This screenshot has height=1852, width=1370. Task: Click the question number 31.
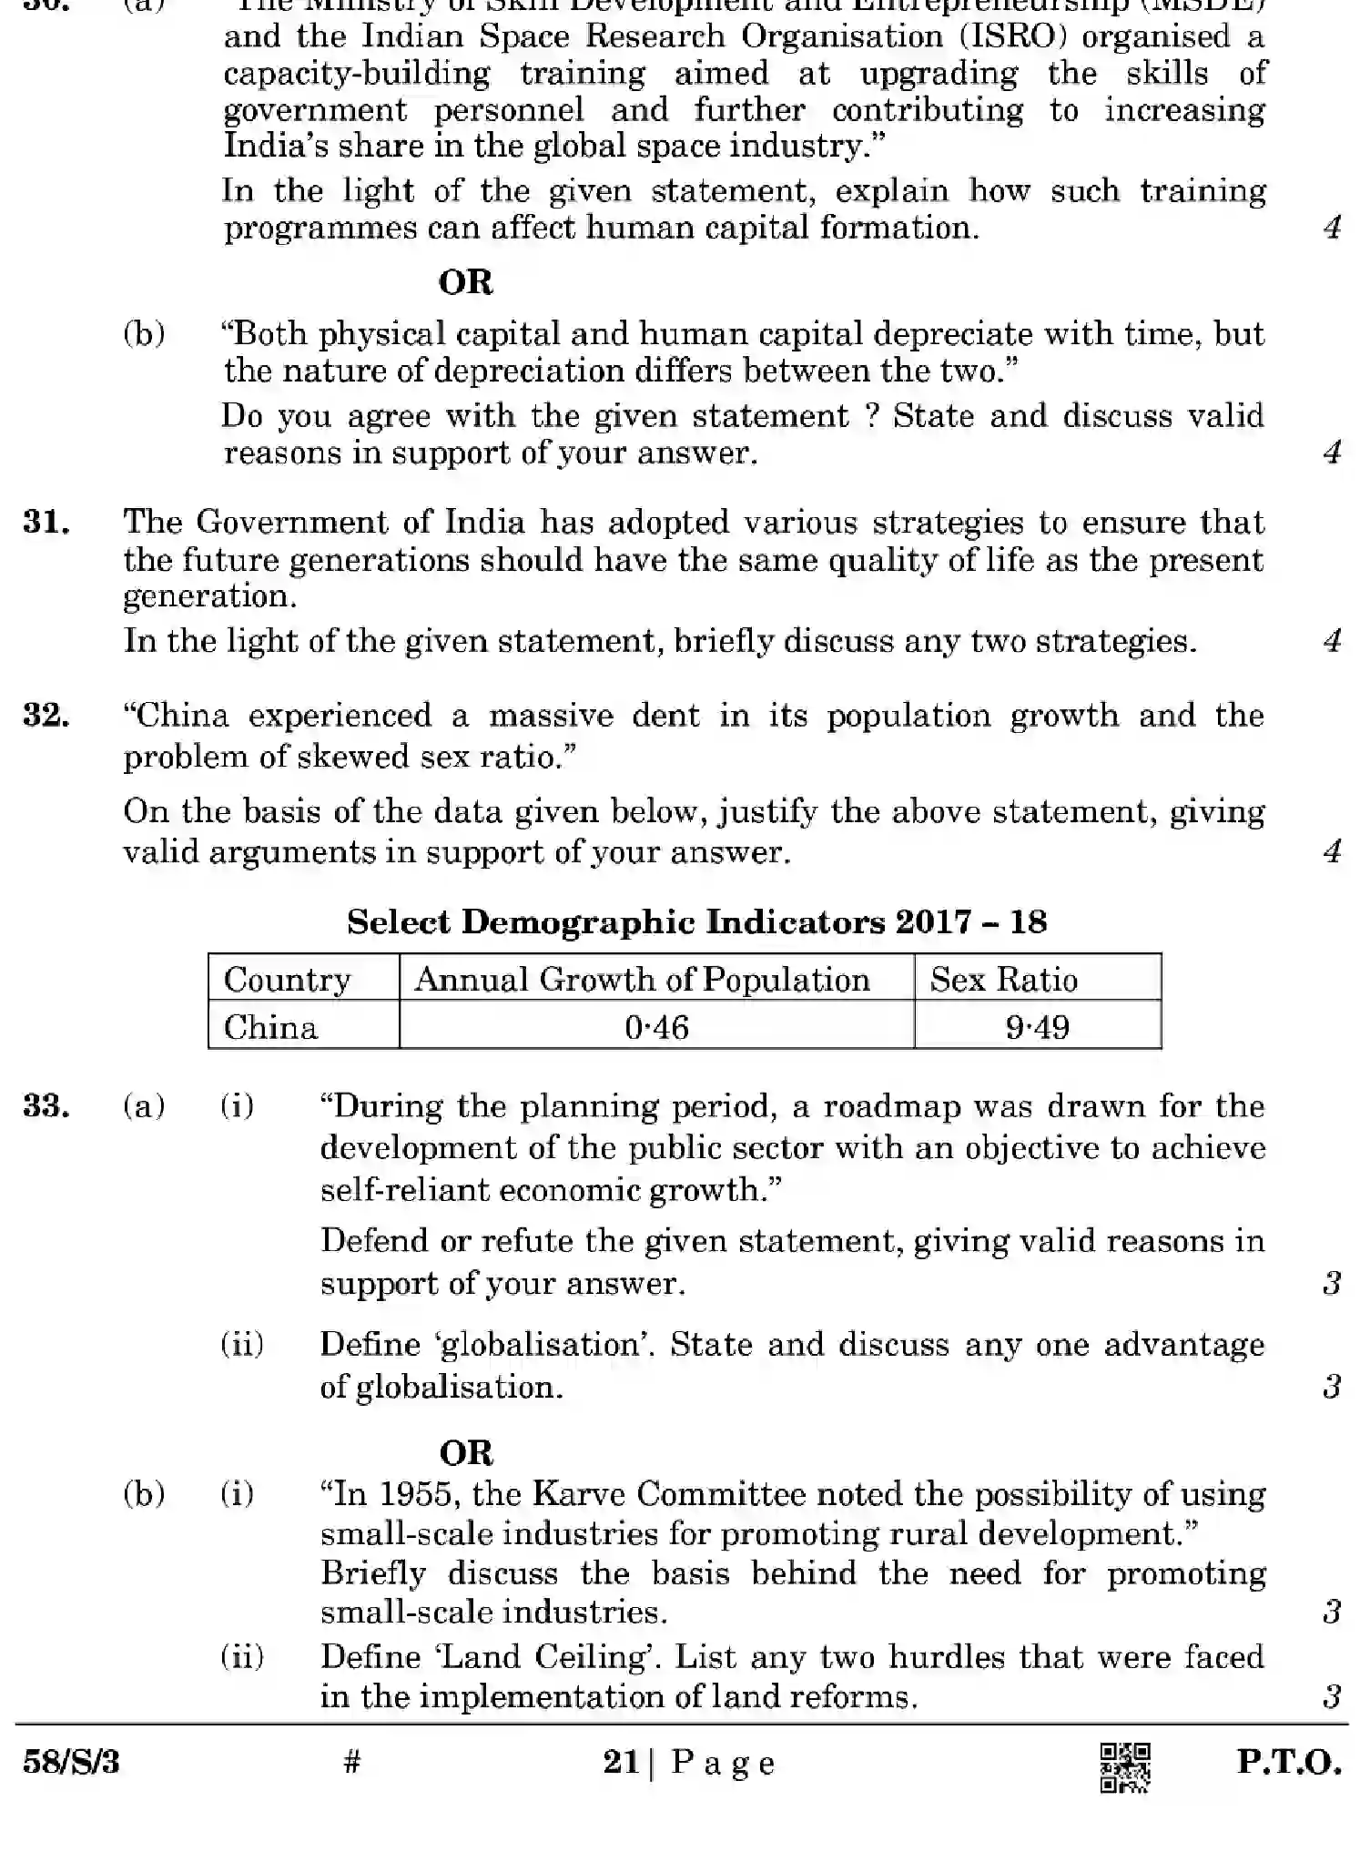(46, 523)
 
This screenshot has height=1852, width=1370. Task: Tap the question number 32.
(46, 716)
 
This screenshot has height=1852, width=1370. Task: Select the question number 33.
(46, 1107)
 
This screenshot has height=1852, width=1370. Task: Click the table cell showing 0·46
(656, 1027)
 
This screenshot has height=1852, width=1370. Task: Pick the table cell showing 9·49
(1037, 1027)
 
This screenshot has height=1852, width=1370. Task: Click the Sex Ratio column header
(1003, 980)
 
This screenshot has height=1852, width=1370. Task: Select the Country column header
(287, 980)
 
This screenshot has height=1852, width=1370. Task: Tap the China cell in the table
(270, 1027)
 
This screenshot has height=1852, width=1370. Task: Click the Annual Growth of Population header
(642, 980)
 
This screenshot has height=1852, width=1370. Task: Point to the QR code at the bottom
(1125, 1767)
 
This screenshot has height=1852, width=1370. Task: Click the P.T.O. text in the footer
(1288, 1762)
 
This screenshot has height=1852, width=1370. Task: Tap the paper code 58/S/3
(71, 1763)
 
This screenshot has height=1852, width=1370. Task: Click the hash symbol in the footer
(352, 1762)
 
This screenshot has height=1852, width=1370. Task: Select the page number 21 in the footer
(621, 1762)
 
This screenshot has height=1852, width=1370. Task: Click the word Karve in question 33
(578, 1494)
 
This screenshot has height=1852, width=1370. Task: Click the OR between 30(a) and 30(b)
(465, 282)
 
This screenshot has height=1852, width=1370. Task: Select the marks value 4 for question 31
(1332, 641)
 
